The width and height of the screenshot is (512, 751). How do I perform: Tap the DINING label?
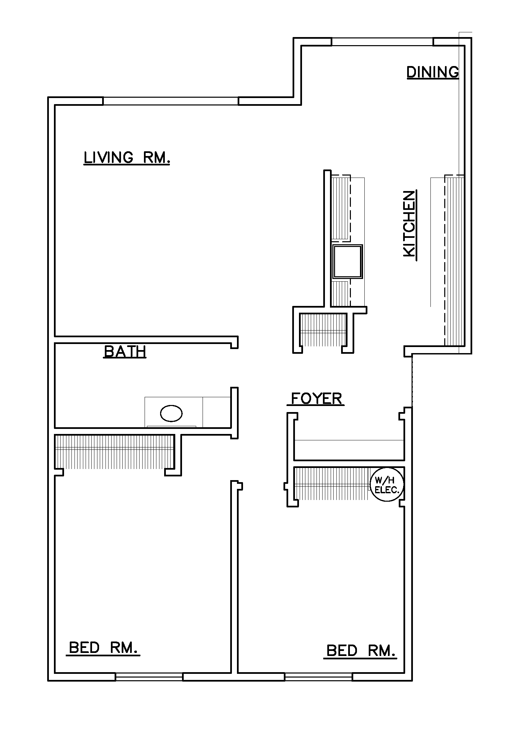[433, 72]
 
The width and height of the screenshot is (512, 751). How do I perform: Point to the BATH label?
[125, 351]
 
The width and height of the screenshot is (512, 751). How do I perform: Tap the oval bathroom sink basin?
[171, 413]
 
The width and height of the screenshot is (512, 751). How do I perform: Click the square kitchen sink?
[348, 261]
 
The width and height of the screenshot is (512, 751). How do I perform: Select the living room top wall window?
[171, 101]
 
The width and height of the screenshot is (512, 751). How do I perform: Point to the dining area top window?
[382, 42]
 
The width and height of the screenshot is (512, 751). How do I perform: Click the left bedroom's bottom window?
[149, 677]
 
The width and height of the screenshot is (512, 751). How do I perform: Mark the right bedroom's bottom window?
[319, 677]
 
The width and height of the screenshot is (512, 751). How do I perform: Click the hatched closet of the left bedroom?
[115, 451]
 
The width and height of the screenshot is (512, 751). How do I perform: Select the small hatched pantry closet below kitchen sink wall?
[323, 330]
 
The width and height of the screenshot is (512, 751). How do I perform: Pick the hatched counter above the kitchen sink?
[341, 208]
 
